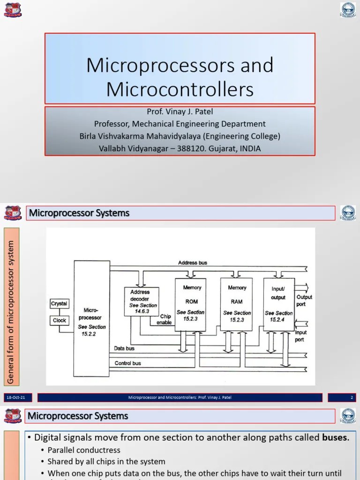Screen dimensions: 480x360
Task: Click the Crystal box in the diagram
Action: coord(59,304)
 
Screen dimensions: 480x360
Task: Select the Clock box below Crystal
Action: coord(59,320)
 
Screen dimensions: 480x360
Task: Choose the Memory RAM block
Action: coord(237,304)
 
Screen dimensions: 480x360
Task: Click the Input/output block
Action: coord(278,304)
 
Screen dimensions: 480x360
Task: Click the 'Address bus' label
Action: coord(192,263)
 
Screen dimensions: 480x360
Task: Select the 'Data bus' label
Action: coord(124,349)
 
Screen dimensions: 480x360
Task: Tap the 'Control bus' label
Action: coord(127,363)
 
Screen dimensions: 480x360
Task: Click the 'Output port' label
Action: coord(304,300)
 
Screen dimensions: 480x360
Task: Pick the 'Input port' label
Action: coord(300,336)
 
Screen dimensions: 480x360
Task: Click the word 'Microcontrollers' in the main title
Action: coord(180,89)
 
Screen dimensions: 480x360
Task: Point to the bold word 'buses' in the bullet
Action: coord(335,438)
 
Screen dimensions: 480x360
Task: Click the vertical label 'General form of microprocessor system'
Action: coord(11,306)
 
